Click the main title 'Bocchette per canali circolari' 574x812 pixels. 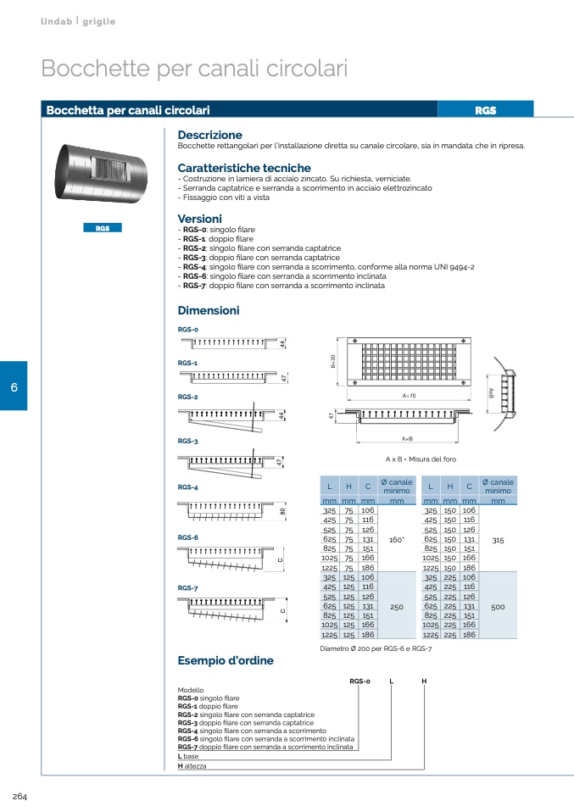coord(194,68)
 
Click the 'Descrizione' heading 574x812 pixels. coord(209,135)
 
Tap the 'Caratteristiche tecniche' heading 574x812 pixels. coord(244,168)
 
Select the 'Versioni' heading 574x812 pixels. coord(199,219)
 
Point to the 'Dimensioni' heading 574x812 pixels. coord(209,310)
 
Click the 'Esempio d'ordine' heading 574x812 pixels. coord(226,660)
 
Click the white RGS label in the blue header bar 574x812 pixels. coord(485,110)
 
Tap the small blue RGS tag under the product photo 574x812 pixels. coord(102,228)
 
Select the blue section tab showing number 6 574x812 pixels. coord(14,387)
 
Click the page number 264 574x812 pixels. coord(20,796)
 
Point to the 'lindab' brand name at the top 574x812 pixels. coord(56,20)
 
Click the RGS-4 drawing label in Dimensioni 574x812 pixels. coord(188,487)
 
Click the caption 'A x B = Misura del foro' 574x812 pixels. coord(421,459)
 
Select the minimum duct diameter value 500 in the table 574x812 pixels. coord(498,606)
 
